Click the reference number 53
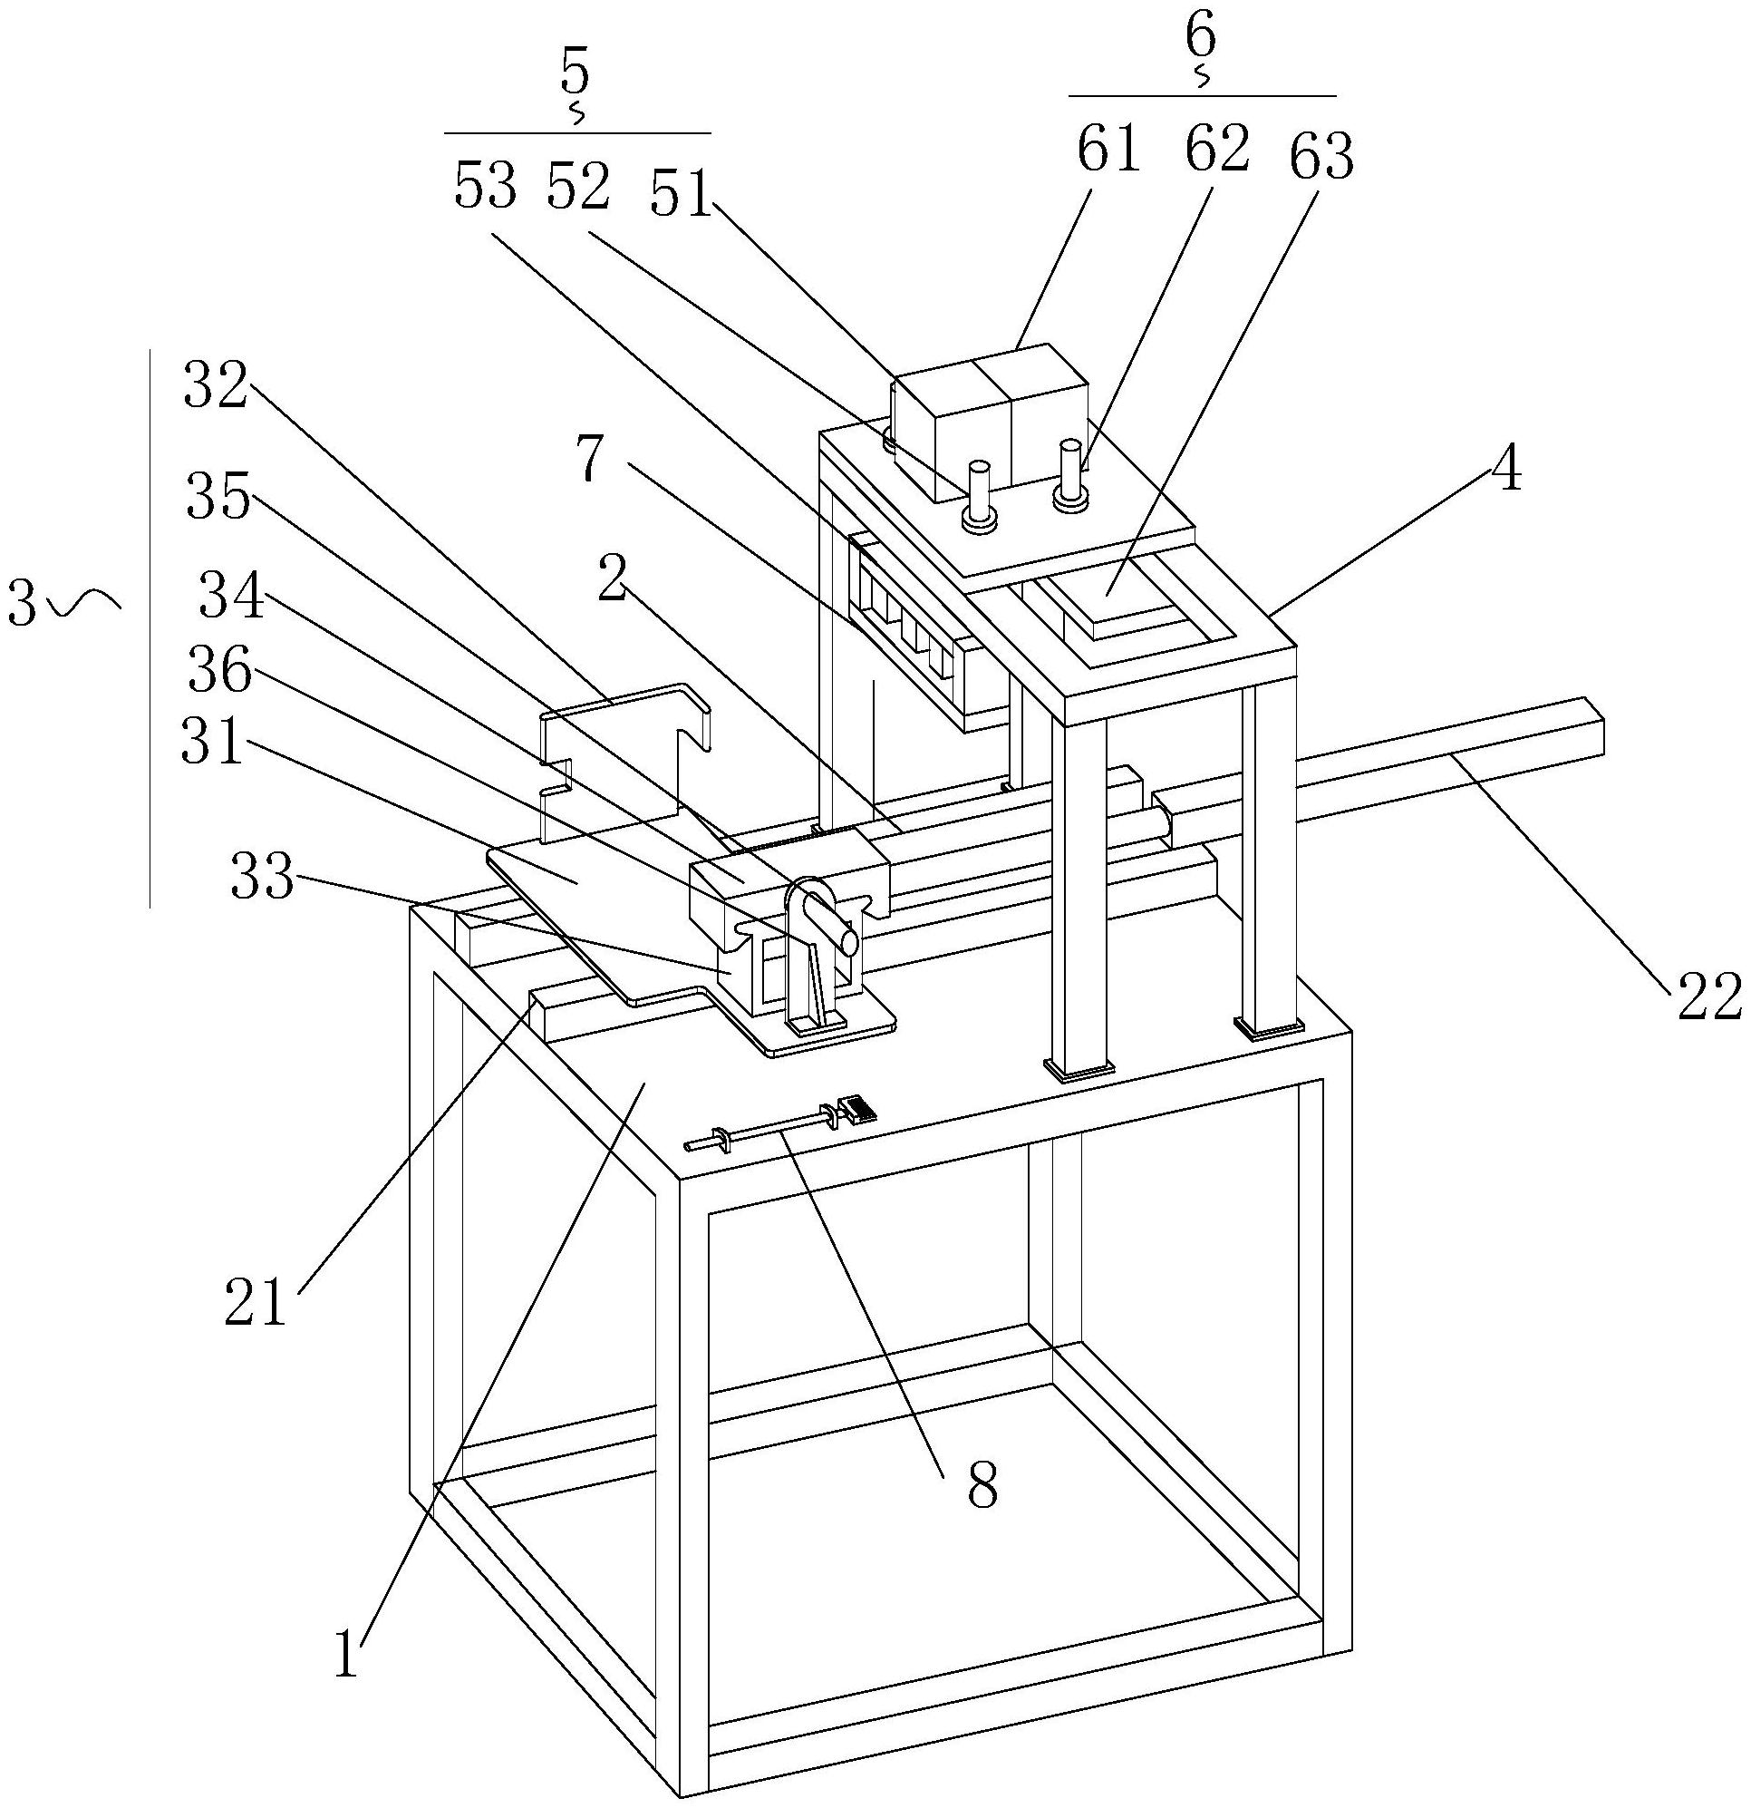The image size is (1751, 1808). [485, 190]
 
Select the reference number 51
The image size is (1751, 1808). [682, 195]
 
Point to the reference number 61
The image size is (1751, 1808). [1109, 150]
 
